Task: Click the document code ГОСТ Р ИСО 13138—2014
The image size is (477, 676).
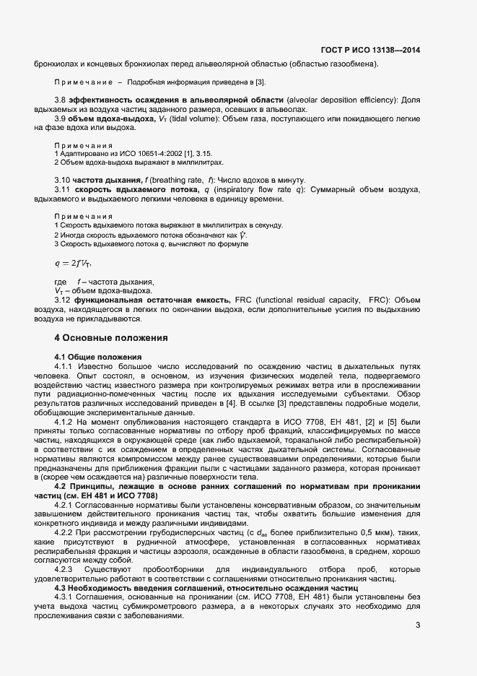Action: [370, 50]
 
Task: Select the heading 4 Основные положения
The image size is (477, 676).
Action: [111, 338]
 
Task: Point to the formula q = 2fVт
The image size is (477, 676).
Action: [73, 262]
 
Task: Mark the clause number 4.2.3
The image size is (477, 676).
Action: [67, 570]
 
